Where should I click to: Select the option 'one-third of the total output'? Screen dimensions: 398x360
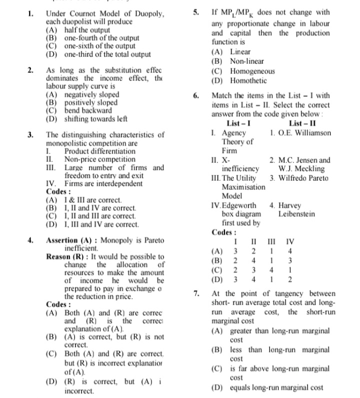pyautogui.click(x=107, y=54)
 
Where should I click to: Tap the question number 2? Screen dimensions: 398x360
pyautogui.click(x=30, y=70)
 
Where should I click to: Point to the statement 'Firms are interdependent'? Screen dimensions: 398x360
pyautogui.click(x=103, y=183)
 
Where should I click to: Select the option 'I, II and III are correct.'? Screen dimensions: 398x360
pyautogui.click(x=100, y=216)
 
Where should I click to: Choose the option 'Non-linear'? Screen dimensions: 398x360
pyautogui.click(x=247, y=61)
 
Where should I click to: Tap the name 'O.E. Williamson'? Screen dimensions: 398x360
pyautogui.click(x=304, y=133)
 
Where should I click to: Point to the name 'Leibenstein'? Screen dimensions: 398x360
pyautogui.click(x=297, y=214)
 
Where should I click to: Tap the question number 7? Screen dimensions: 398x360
pyautogui.click(x=197, y=294)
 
